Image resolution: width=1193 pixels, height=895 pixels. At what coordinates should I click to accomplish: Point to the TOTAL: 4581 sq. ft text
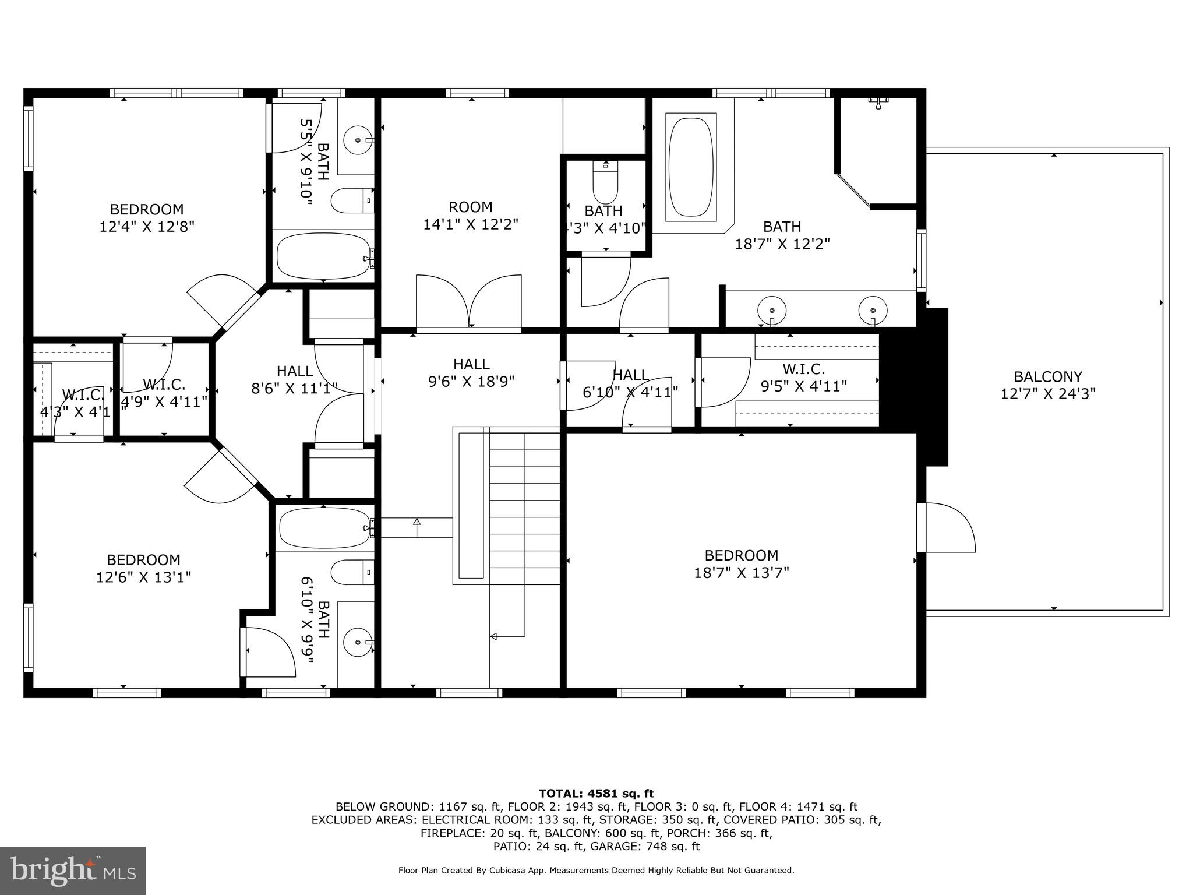pos(596,793)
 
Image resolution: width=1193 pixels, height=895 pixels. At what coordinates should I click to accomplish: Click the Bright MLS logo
pos(73,871)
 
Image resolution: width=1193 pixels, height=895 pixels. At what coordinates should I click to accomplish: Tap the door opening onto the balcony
pos(947,527)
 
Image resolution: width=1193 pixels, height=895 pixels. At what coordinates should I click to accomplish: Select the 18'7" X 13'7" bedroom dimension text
pos(741,573)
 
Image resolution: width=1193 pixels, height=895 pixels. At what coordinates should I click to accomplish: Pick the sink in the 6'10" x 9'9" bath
pos(357,643)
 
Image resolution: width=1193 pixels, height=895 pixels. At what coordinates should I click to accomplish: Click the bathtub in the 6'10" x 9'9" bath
pos(324,528)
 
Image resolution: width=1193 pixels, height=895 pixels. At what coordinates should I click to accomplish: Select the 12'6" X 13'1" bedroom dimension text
pos(143,577)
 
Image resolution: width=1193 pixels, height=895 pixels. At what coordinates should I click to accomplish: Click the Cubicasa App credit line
pos(596,871)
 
